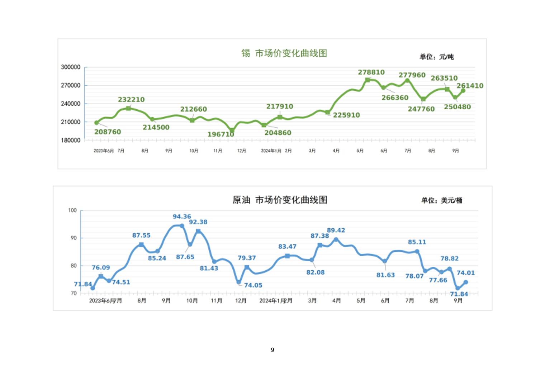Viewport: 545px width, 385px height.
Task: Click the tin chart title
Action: (x=284, y=53)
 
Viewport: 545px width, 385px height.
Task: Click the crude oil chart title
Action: (x=280, y=200)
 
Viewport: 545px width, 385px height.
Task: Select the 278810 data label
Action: (x=371, y=72)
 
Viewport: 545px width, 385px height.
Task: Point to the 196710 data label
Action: (x=221, y=134)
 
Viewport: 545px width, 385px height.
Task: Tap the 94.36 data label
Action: (x=182, y=217)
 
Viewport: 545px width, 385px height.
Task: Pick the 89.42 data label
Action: (x=336, y=230)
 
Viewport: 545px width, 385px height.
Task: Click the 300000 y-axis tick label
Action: (x=71, y=67)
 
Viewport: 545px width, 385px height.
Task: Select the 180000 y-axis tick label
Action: (x=71, y=140)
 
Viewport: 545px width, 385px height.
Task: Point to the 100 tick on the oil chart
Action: (x=72, y=210)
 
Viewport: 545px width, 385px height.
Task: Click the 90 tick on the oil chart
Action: (x=74, y=238)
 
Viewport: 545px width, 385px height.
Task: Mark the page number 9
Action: (x=272, y=350)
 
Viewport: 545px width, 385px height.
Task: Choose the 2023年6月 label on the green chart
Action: (x=103, y=151)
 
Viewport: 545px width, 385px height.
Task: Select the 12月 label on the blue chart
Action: (x=241, y=300)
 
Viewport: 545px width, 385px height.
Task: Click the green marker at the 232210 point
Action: (x=128, y=108)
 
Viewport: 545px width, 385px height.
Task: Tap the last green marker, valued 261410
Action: (x=463, y=91)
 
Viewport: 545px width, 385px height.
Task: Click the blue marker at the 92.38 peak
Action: (x=198, y=231)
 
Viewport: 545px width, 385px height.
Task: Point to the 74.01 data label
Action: (x=465, y=273)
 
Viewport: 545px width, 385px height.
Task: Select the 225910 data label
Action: (x=346, y=115)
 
